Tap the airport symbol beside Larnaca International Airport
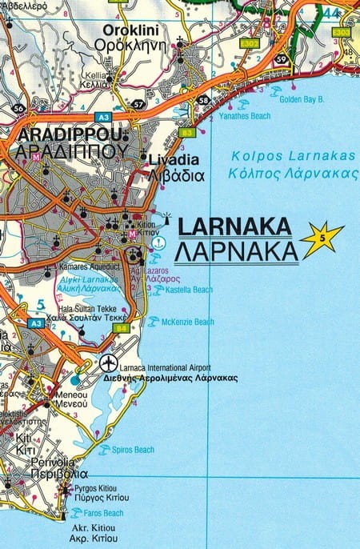coord(110,363)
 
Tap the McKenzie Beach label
coord(187,322)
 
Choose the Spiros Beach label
coord(133,450)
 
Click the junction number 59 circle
coord(281,59)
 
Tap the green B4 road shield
coord(122,327)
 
